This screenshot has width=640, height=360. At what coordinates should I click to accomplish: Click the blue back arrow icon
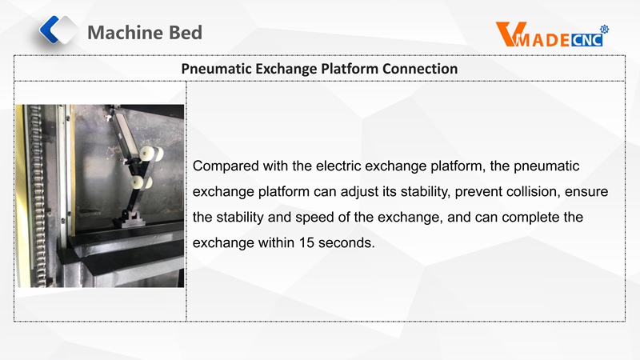click(x=50, y=30)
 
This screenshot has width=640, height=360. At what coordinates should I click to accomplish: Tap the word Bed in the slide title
click(x=186, y=33)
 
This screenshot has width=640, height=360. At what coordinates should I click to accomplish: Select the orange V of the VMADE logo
click(x=506, y=34)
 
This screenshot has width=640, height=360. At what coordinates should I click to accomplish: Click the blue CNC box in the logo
click(x=586, y=39)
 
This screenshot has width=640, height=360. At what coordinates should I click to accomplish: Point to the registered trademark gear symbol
click(x=604, y=29)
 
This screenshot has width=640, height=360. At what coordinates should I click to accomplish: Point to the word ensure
click(x=586, y=192)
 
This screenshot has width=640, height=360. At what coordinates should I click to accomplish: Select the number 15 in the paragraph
click(x=306, y=243)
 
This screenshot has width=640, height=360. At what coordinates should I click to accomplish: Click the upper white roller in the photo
click(x=150, y=154)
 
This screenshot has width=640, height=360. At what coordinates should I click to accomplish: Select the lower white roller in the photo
click(x=141, y=182)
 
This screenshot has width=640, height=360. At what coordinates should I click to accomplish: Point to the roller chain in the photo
click(x=37, y=196)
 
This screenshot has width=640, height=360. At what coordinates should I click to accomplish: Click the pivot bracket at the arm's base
click(x=132, y=217)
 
